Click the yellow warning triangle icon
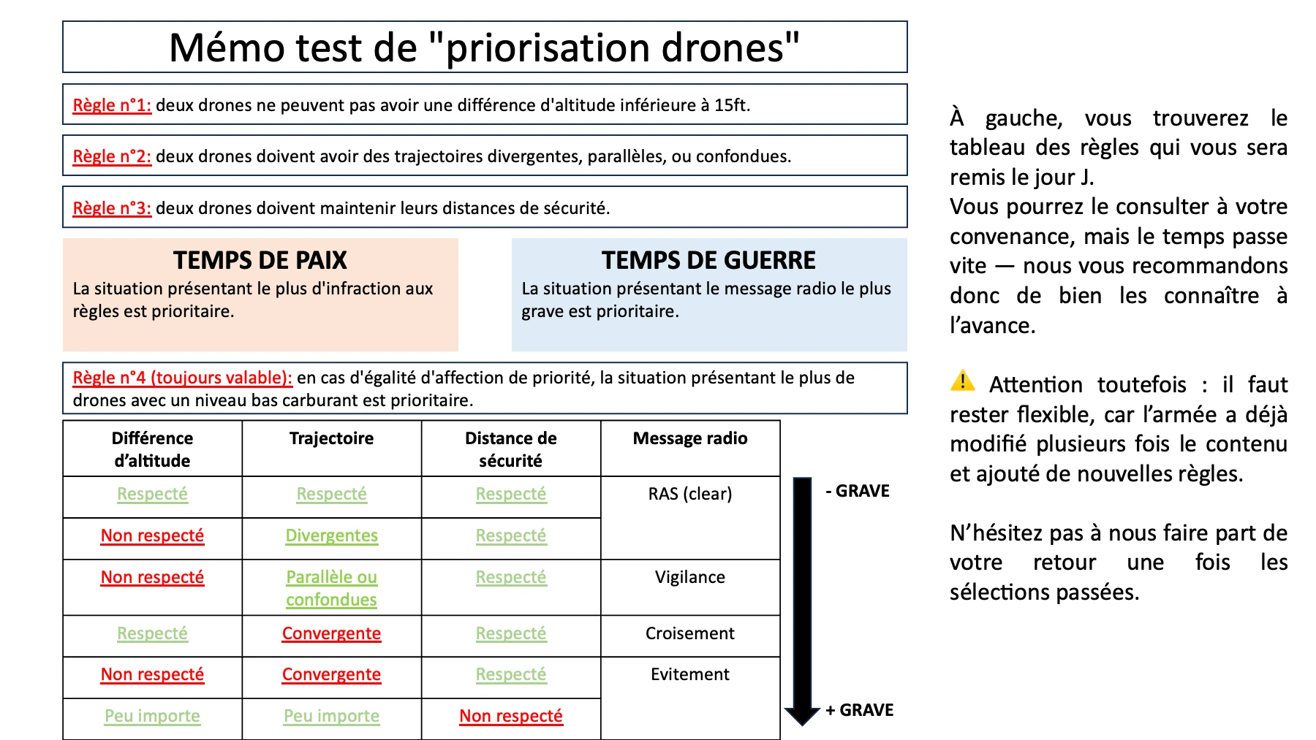click(963, 381)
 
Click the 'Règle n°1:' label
click(112, 105)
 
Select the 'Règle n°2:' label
click(112, 156)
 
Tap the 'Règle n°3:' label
click(112, 208)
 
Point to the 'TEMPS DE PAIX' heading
click(260, 260)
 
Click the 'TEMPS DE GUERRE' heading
click(708, 260)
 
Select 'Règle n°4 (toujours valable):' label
click(182, 378)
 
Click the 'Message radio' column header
click(690, 438)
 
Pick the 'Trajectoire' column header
click(331, 438)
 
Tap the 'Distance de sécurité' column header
click(511, 449)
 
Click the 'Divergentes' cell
click(331, 535)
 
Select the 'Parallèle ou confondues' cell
click(331, 588)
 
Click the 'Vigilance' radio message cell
click(690, 577)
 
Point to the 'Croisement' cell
click(690, 633)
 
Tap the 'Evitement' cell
click(690, 674)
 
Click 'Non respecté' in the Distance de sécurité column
click(511, 716)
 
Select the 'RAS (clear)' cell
click(690, 494)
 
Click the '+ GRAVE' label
click(860, 710)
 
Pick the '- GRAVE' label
click(858, 491)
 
